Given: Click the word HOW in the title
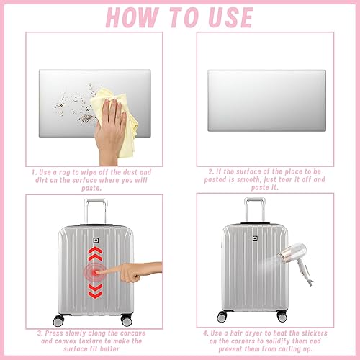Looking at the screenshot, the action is coord(132,17).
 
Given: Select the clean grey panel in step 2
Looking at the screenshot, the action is coord(266,101).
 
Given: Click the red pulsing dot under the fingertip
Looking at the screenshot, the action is coord(96,273).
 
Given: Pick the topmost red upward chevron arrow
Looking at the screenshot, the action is coord(95,250).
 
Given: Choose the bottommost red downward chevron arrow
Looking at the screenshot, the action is coord(95,294).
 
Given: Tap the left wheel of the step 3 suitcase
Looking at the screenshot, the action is coord(58,320).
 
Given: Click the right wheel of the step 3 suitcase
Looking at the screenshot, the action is coord(127,320).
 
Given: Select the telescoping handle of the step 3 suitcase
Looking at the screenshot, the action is coord(96,211).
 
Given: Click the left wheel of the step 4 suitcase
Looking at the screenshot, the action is coord(222,317).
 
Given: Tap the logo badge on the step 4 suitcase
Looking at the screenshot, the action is coord(255,238).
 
